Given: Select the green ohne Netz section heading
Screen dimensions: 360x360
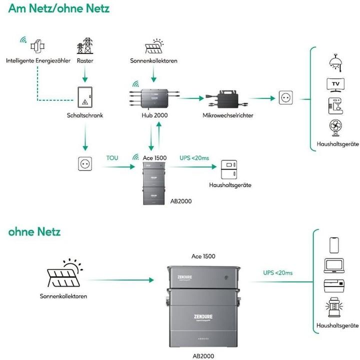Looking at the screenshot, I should click(34, 231).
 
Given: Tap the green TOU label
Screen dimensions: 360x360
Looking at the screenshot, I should click(113, 158).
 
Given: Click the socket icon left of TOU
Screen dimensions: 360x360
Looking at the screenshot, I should click(84, 163).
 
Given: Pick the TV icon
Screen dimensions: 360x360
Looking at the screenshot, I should click(335, 84).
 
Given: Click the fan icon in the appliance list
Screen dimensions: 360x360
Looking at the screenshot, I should click(335, 127).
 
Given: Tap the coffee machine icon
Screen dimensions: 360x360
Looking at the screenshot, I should click(335, 106).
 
